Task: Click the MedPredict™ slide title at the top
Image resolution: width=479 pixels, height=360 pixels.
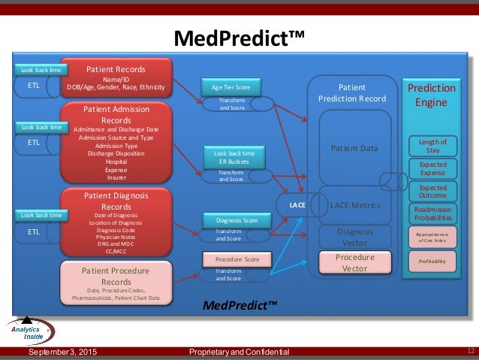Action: click(x=239, y=37)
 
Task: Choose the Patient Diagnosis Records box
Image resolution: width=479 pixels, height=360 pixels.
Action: click(x=116, y=222)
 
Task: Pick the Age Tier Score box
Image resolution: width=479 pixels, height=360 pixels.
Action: click(x=230, y=87)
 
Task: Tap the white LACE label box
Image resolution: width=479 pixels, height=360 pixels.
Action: click(x=297, y=204)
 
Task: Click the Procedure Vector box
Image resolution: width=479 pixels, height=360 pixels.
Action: click(x=354, y=262)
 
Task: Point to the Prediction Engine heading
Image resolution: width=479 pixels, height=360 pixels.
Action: click(x=431, y=94)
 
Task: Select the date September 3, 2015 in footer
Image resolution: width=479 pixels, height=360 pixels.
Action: click(x=62, y=352)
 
